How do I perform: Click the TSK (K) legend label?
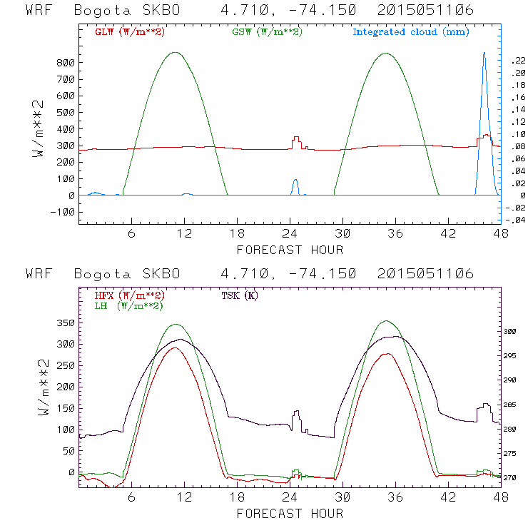(x=240, y=295)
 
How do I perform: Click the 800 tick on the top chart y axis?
(x=66, y=63)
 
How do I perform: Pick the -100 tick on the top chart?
(x=63, y=212)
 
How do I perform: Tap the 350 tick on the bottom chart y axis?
(x=66, y=323)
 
